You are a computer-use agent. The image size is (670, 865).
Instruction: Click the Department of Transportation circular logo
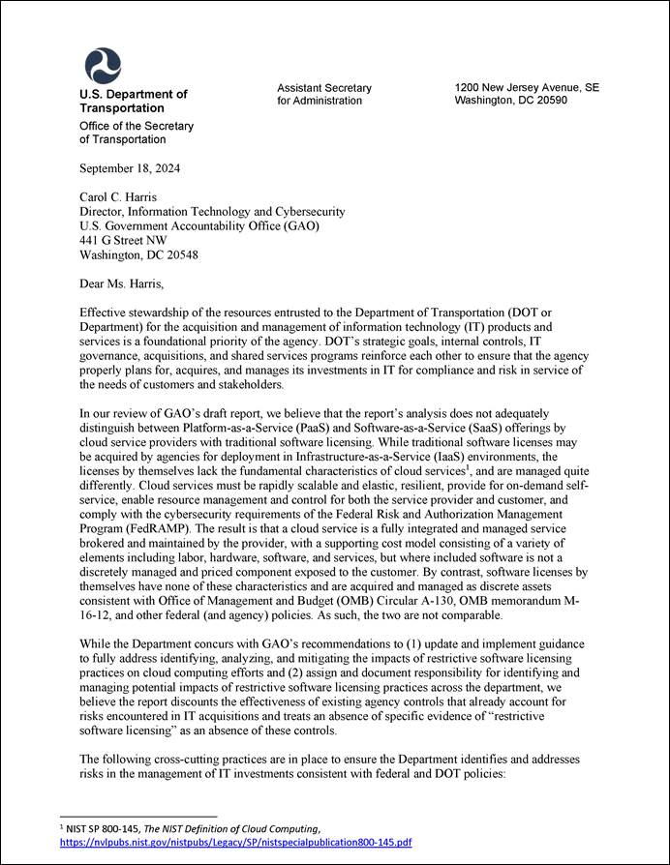tap(103, 66)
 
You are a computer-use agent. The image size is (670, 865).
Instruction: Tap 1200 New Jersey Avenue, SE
tap(526, 87)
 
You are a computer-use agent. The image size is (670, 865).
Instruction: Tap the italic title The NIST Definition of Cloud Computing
tap(244, 828)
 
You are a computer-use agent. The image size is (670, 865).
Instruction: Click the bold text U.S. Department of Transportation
tap(133, 102)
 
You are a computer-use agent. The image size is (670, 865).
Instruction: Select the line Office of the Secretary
tap(137, 126)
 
